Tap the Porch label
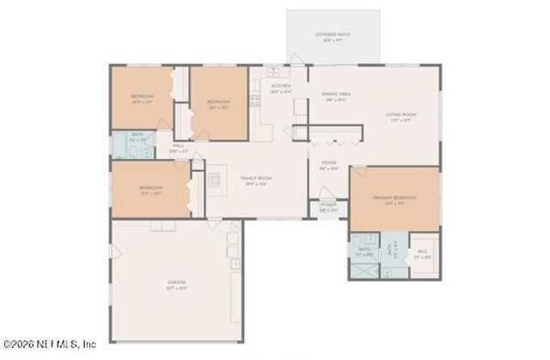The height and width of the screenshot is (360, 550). coord(328,206)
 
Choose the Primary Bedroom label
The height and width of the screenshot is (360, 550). coord(394,201)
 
